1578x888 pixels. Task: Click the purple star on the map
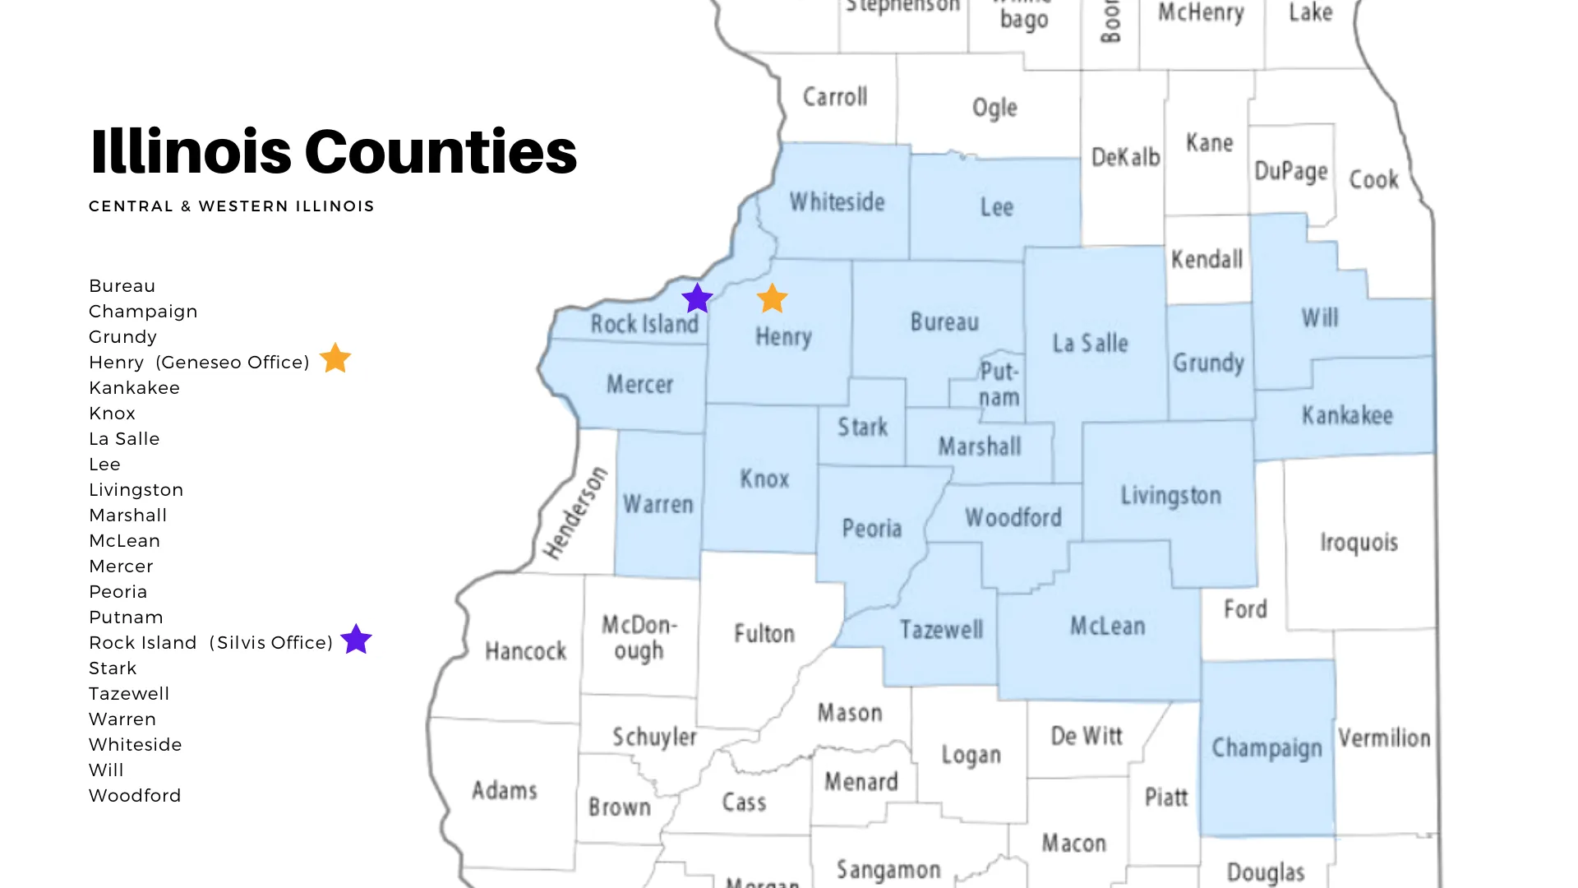[697, 298]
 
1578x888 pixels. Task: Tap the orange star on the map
[772, 299]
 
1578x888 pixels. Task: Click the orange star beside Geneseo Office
[335, 358]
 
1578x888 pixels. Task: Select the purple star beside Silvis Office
[356, 639]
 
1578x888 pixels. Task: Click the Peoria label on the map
[871, 528]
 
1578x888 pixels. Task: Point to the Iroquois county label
[1359, 542]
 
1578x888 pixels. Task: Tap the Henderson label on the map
[575, 512]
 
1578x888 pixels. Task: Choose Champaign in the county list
[143, 312]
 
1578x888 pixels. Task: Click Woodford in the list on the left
[135, 796]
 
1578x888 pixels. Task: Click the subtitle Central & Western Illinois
[231, 206]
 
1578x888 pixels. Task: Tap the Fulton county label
[764, 633]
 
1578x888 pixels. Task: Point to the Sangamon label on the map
[888, 870]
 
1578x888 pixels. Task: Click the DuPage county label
[1290, 171]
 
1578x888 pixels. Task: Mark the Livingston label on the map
[1170, 495]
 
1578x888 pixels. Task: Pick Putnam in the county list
[126, 617]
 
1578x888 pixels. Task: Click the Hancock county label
[525, 651]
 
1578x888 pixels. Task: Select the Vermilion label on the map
[1384, 738]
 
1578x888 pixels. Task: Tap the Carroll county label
[834, 97]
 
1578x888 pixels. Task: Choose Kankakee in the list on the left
[134, 388]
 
